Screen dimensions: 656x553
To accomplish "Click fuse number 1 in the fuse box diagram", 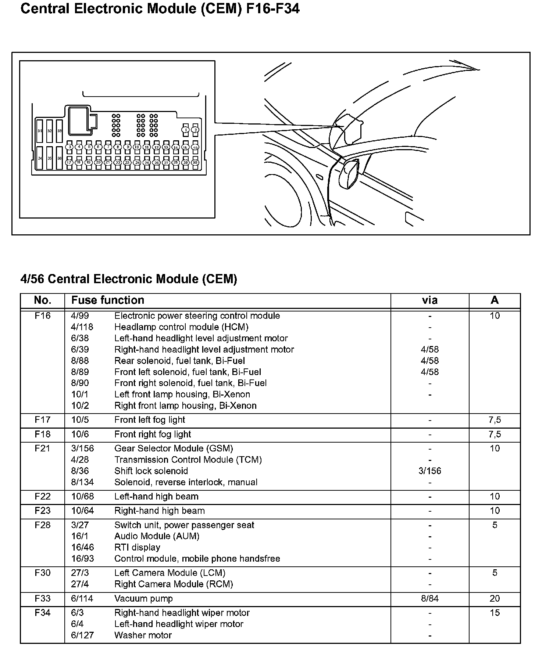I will click(x=186, y=130).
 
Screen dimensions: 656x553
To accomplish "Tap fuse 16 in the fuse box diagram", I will click(x=195, y=147).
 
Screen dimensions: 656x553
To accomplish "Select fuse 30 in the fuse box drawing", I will click(x=195, y=162).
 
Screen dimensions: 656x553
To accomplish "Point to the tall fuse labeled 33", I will click(x=60, y=131).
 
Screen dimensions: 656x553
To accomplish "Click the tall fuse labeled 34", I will click(x=40, y=158).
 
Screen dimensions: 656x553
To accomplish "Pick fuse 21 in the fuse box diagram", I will click(x=108, y=162).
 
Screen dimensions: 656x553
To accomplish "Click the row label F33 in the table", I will click(x=43, y=598).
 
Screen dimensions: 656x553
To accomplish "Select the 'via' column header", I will click(x=429, y=300).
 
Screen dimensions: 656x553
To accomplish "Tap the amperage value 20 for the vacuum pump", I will click(x=495, y=598).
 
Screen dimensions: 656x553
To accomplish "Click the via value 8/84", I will click(x=429, y=598).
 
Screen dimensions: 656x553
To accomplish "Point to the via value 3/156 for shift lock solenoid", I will click(x=429, y=471).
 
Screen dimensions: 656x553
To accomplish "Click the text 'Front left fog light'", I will click(x=150, y=420).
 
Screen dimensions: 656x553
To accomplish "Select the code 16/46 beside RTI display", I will click(x=82, y=547).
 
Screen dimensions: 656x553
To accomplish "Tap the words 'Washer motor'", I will click(x=143, y=635).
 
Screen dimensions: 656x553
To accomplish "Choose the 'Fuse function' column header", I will click(x=108, y=300).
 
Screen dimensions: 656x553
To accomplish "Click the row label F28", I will click(x=43, y=525).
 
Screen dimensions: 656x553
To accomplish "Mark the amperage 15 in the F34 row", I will click(x=495, y=613).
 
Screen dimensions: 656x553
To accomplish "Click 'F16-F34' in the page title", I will click(x=272, y=8).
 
